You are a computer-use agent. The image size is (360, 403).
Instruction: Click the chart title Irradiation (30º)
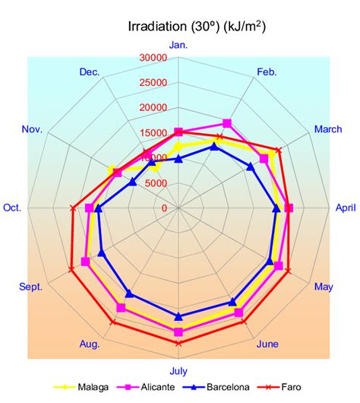(197, 27)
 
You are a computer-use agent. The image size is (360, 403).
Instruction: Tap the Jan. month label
(178, 45)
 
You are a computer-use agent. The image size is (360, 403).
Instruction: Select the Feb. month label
(267, 72)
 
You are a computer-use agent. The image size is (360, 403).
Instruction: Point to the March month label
(328, 129)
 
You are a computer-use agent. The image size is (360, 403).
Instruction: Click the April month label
(346, 208)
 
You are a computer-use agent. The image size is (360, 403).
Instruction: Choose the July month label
(178, 371)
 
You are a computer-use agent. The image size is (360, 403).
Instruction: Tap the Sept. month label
(30, 287)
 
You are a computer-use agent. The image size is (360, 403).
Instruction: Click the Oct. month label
(12, 208)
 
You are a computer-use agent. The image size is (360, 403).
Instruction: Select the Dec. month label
(89, 72)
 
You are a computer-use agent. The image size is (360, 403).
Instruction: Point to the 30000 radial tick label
(153, 58)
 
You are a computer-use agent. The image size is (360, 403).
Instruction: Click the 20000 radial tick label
(153, 108)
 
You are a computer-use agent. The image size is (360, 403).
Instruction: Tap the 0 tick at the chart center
(164, 208)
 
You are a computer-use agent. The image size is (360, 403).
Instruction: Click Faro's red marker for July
(178, 343)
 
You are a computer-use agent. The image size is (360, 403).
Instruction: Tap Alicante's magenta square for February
(227, 123)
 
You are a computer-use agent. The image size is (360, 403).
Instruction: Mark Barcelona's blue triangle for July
(178, 316)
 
